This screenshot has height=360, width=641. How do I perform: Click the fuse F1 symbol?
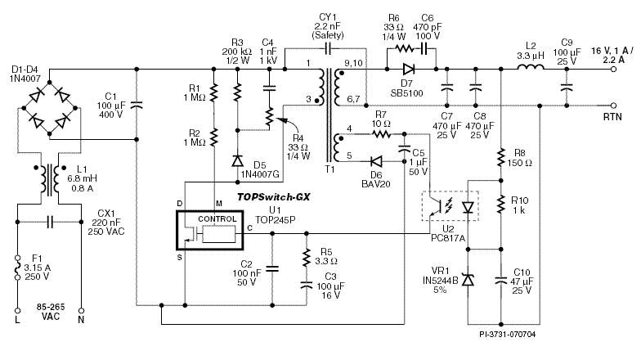[16, 267]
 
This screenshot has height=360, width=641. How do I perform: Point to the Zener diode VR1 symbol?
[468, 280]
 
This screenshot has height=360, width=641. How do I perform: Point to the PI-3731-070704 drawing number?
[508, 334]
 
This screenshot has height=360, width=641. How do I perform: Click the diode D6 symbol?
[377, 161]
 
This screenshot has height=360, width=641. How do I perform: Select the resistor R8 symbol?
[500, 160]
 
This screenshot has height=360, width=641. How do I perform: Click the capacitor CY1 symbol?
[327, 48]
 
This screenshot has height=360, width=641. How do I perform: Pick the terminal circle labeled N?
[82, 311]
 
